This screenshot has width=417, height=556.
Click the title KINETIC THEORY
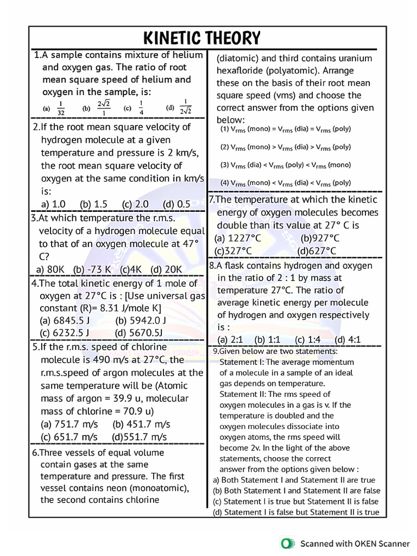click(201, 38)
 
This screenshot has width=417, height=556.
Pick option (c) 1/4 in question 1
click(136, 108)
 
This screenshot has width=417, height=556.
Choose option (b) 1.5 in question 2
click(93, 204)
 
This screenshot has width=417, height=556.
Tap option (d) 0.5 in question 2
click(176, 204)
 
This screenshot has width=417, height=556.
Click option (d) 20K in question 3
click(166, 269)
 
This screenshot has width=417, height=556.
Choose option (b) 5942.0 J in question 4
click(141, 320)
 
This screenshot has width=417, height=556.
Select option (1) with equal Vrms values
click(285, 129)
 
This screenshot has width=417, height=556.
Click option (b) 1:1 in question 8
click(267, 340)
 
